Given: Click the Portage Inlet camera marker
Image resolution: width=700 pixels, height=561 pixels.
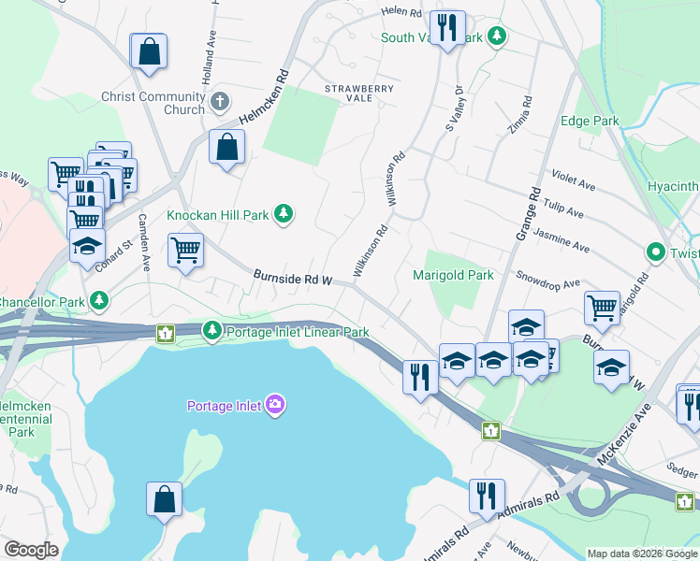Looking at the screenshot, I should point(275,405).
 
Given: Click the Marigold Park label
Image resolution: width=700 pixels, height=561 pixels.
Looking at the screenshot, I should point(453,276).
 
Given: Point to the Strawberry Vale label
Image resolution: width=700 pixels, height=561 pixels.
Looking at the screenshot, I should point(359,92).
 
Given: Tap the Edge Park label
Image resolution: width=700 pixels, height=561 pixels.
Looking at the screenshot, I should point(590,122).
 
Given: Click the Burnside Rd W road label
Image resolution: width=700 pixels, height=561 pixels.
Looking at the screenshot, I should point(294,278).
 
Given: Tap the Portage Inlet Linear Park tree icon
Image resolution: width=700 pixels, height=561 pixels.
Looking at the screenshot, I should point(213,331).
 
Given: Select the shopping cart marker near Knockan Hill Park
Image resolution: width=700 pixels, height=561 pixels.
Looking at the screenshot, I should point(185,250).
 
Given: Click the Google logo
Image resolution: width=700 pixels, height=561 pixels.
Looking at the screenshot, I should point(31,549).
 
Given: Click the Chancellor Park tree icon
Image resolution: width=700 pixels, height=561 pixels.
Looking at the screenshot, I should point(98,301).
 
